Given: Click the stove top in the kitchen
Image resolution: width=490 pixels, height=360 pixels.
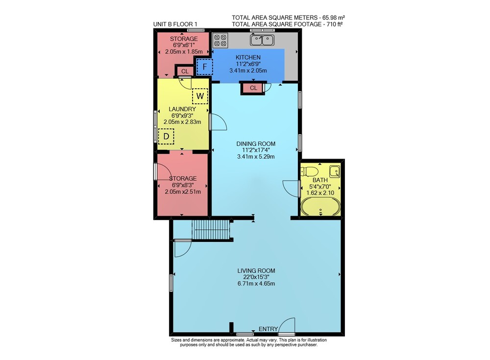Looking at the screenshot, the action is pyautogui.click(x=220, y=40).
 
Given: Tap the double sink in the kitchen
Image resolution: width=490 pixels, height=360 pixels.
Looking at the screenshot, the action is pyautogui.click(x=262, y=40).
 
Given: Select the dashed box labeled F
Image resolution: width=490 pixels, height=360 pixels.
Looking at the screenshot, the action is pyautogui.click(x=205, y=67).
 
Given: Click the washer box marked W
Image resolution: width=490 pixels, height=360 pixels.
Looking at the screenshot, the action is pyautogui.click(x=200, y=96).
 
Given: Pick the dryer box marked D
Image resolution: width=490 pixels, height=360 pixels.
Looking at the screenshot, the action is pyautogui.click(x=166, y=137).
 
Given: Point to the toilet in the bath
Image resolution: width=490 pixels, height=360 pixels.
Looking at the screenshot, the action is pyautogui.click(x=309, y=171).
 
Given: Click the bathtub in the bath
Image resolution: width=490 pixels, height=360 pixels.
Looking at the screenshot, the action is pyautogui.click(x=320, y=207).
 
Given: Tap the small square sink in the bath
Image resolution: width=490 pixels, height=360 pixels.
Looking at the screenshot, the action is pyautogui.click(x=335, y=171).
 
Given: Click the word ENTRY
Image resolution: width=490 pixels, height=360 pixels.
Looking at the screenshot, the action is pyautogui.click(x=268, y=329).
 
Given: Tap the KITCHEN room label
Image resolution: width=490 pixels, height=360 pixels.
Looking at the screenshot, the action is pyautogui.click(x=248, y=57).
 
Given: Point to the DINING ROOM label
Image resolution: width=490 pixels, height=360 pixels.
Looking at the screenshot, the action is pyautogui.click(x=256, y=144).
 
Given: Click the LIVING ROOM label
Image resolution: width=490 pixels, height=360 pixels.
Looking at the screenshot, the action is pyautogui.click(x=256, y=271).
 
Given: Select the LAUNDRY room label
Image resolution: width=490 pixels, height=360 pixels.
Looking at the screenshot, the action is pyautogui.click(x=182, y=109).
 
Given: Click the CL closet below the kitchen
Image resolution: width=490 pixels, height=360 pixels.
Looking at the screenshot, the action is pyautogui.click(x=253, y=88).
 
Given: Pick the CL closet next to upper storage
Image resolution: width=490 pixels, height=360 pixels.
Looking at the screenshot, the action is pyautogui.click(x=185, y=72).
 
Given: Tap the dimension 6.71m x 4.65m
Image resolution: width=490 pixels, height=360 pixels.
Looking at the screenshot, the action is pyautogui.click(x=256, y=284).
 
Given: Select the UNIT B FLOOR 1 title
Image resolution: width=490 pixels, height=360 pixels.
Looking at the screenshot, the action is pyautogui.click(x=175, y=24).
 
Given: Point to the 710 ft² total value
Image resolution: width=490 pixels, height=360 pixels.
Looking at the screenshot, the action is pyautogui.click(x=335, y=24).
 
